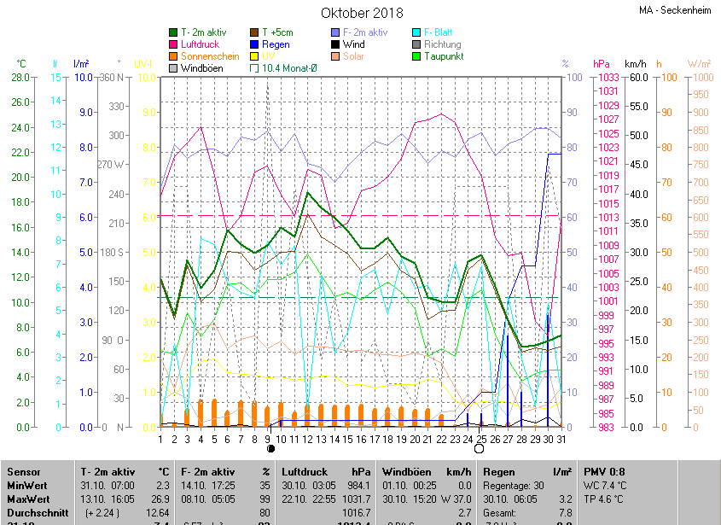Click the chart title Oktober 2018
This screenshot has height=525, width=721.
click(x=362, y=13)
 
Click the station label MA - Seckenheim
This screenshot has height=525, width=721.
click(x=677, y=11)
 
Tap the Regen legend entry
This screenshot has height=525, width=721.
click(x=276, y=44)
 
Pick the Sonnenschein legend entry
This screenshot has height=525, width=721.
click(x=210, y=56)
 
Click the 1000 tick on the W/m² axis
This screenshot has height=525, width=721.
click(x=699, y=78)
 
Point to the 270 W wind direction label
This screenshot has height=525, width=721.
click(x=111, y=164)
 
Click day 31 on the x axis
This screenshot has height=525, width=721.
click(x=561, y=440)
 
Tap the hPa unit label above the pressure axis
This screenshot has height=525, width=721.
click(x=601, y=64)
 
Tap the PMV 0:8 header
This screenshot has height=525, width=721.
click(x=605, y=471)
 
